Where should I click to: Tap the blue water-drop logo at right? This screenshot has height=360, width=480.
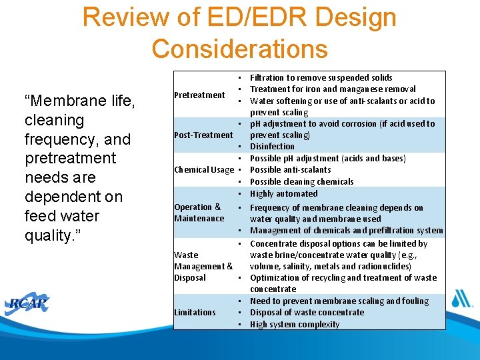(x=460, y=298)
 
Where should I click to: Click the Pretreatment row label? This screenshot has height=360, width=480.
(x=199, y=95)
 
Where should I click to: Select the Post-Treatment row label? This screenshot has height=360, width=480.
(x=203, y=135)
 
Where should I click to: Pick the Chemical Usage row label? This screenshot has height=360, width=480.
(x=203, y=169)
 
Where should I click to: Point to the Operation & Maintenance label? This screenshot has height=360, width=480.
(x=199, y=213)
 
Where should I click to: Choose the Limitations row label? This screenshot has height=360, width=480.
(x=195, y=312)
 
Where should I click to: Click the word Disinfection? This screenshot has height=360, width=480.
(x=272, y=147)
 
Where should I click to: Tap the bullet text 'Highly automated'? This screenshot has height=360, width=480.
(x=283, y=193)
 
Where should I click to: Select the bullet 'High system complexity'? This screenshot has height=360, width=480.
(x=295, y=325)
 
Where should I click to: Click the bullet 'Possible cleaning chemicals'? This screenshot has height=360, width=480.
(x=301, y=181)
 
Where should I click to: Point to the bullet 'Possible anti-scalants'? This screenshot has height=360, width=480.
(x=290, y=170)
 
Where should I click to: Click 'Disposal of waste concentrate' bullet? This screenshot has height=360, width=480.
(x=307, y=313)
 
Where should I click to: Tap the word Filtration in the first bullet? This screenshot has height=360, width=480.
(x=268, y=78)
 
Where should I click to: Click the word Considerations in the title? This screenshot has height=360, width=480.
(x=240, y=49)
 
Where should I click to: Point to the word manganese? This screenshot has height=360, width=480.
(x=361, y=89)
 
